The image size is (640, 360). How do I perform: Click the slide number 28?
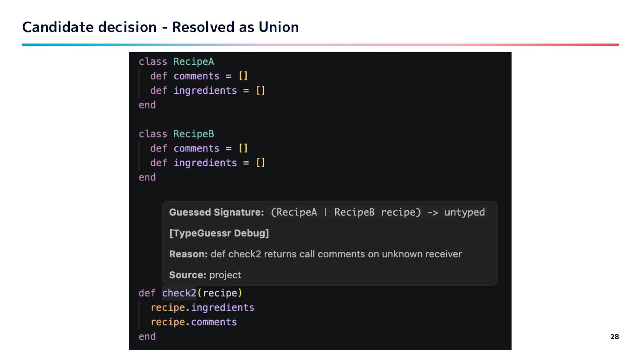(614, 337)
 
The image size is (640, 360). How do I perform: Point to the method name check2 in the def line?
(179, 293)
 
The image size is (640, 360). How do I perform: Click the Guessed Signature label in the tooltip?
(216, 212)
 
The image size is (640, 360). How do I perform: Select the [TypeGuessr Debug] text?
(219, 233)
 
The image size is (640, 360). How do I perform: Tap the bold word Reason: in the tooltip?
(188, 254)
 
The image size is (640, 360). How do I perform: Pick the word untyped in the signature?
(464, 212)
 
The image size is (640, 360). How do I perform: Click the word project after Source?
(225, 275)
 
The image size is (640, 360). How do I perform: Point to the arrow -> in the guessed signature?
(432, 212)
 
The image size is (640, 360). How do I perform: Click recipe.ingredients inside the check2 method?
(202, 308)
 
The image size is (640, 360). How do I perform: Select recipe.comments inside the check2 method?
(194, 322)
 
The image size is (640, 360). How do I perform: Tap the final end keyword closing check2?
(147, 336)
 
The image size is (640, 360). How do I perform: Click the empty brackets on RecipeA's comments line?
(243, 76)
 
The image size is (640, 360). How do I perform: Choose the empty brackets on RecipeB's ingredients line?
(260, 163)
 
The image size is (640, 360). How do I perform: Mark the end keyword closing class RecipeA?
(147, 105)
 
